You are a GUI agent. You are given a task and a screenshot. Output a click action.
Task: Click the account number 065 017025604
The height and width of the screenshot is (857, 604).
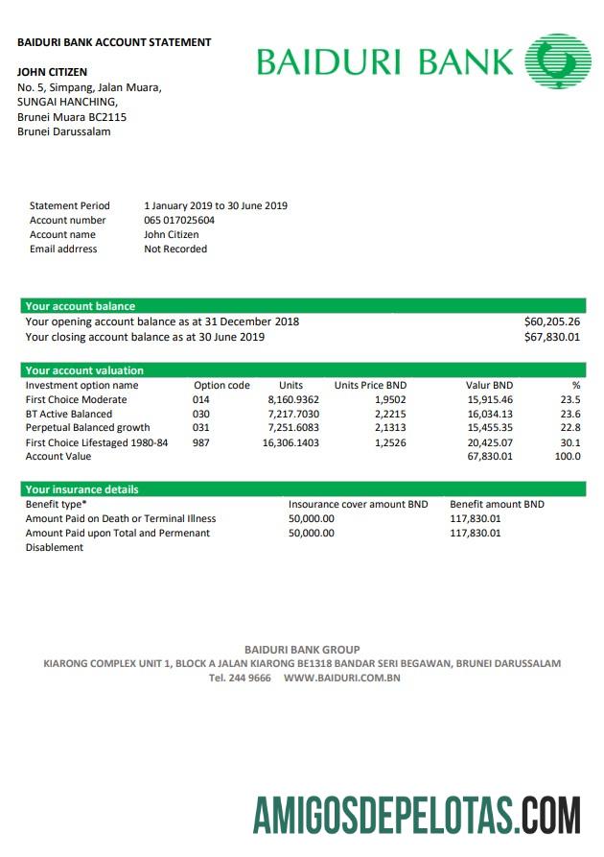point(179,220)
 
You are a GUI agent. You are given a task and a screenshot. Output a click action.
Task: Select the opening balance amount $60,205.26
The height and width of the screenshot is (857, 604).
point(552,321)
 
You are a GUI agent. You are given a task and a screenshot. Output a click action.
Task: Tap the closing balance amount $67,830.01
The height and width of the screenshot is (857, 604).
point(552,337)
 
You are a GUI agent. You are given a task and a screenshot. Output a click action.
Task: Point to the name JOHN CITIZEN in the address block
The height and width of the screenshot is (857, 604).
point(52,72)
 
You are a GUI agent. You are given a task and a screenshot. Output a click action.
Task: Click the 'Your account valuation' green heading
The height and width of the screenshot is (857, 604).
point(84,370)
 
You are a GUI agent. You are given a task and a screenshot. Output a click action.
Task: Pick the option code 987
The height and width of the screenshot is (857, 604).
point(200,442)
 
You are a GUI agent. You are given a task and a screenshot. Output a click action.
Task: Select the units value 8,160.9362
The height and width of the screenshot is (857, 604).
point(293,399)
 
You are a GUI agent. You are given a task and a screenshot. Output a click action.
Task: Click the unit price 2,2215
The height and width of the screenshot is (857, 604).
point(390,414)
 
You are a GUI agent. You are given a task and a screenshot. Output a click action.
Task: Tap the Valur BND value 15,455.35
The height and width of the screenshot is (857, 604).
point(490,428)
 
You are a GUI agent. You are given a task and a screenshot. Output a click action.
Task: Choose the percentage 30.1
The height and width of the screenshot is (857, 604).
point(570,442)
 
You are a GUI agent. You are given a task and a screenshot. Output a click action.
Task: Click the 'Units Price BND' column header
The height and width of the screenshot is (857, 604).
point(370,385)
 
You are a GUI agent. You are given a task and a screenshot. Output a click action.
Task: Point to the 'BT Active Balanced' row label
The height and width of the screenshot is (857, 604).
point(69,414)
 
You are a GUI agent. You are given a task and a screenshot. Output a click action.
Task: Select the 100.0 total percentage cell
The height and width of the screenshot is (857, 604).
point(568,457)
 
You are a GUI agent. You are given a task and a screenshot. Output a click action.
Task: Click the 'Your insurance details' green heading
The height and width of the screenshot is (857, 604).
point(82,489)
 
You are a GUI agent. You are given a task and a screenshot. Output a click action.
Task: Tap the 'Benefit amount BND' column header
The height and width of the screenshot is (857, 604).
point(497,504)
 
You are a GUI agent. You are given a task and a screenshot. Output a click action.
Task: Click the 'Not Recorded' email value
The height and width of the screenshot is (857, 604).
point(175,249)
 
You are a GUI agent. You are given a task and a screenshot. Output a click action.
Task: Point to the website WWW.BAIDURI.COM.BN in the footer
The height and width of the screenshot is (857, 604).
point(341,678)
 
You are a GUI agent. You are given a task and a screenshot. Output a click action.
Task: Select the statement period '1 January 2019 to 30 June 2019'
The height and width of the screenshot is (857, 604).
point(216,205)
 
